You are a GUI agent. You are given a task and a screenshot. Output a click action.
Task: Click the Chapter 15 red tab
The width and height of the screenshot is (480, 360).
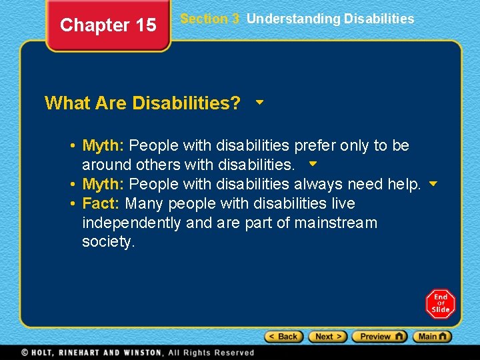tap(108, 25)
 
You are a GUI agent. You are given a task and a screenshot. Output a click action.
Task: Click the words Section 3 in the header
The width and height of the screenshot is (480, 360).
tap(209, 19)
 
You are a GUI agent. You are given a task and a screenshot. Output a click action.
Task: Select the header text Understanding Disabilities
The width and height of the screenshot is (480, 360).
tap(330, 19)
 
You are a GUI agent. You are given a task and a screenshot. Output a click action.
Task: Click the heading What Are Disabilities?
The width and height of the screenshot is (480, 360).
tap(143, 103)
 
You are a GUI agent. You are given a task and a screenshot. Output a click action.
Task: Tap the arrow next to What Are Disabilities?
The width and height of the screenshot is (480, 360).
tap(259, 103)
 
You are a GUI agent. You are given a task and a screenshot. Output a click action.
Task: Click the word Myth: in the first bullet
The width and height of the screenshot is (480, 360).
tap(103, 145)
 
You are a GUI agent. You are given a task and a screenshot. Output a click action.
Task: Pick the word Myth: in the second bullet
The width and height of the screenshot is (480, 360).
tap(103, 184)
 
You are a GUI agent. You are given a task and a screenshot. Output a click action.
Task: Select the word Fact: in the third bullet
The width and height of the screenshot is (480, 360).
tap(101, 203)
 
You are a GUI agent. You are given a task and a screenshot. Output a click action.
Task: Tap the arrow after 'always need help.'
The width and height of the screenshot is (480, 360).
tap(433, 183)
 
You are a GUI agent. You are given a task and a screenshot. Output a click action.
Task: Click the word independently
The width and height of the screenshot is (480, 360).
tap(131, 223)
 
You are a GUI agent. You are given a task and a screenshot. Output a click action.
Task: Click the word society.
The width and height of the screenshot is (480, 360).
tap(108, 242)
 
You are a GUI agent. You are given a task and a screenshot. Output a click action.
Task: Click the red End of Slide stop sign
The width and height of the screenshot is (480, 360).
tap(440, 303)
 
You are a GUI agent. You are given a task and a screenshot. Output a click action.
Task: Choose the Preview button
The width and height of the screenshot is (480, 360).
tap(379, 337)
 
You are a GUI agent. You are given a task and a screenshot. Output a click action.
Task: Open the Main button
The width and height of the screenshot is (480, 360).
tap(432, 337)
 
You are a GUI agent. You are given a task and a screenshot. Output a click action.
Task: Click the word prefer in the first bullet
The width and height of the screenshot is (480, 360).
tap(315, 145)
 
